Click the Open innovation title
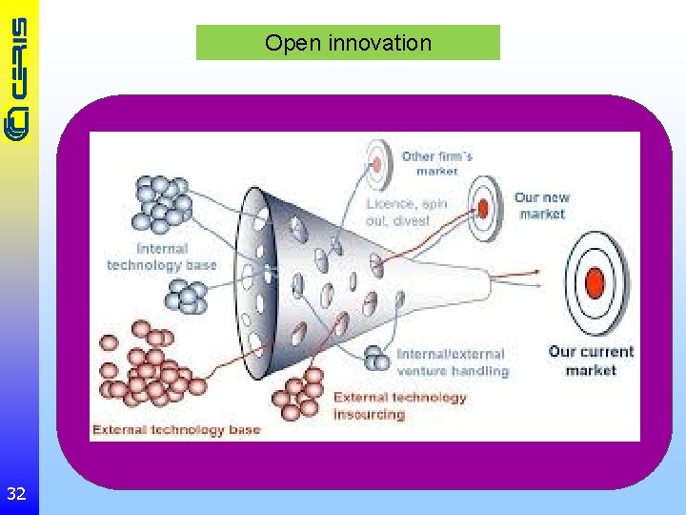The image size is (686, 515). coord(348,43)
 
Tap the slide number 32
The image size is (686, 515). coord(16,493)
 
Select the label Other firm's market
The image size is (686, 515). coord(436,163)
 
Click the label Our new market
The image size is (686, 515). coord(541,205)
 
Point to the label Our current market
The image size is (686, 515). coord(590,360)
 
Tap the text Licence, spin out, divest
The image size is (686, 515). coord(406,212)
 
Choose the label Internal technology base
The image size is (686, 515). coord(162,257)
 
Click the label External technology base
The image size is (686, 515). coord(175,429)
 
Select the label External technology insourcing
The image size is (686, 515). coord(399,405)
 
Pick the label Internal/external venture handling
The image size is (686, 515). coord(452,361)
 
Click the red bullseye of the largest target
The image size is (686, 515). coord(595,283)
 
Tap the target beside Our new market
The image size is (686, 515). coord(484,206)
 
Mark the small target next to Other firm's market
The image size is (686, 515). coord(377,163)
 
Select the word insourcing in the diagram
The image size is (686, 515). coord(370,414)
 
